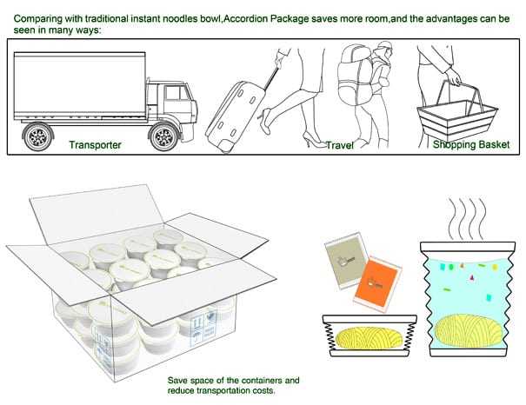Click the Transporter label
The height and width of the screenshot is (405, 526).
point(95,144)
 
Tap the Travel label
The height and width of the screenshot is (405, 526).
point(339,145)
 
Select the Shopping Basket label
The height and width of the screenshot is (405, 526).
point(470,144)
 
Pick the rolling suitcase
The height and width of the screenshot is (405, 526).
point(236,112)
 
